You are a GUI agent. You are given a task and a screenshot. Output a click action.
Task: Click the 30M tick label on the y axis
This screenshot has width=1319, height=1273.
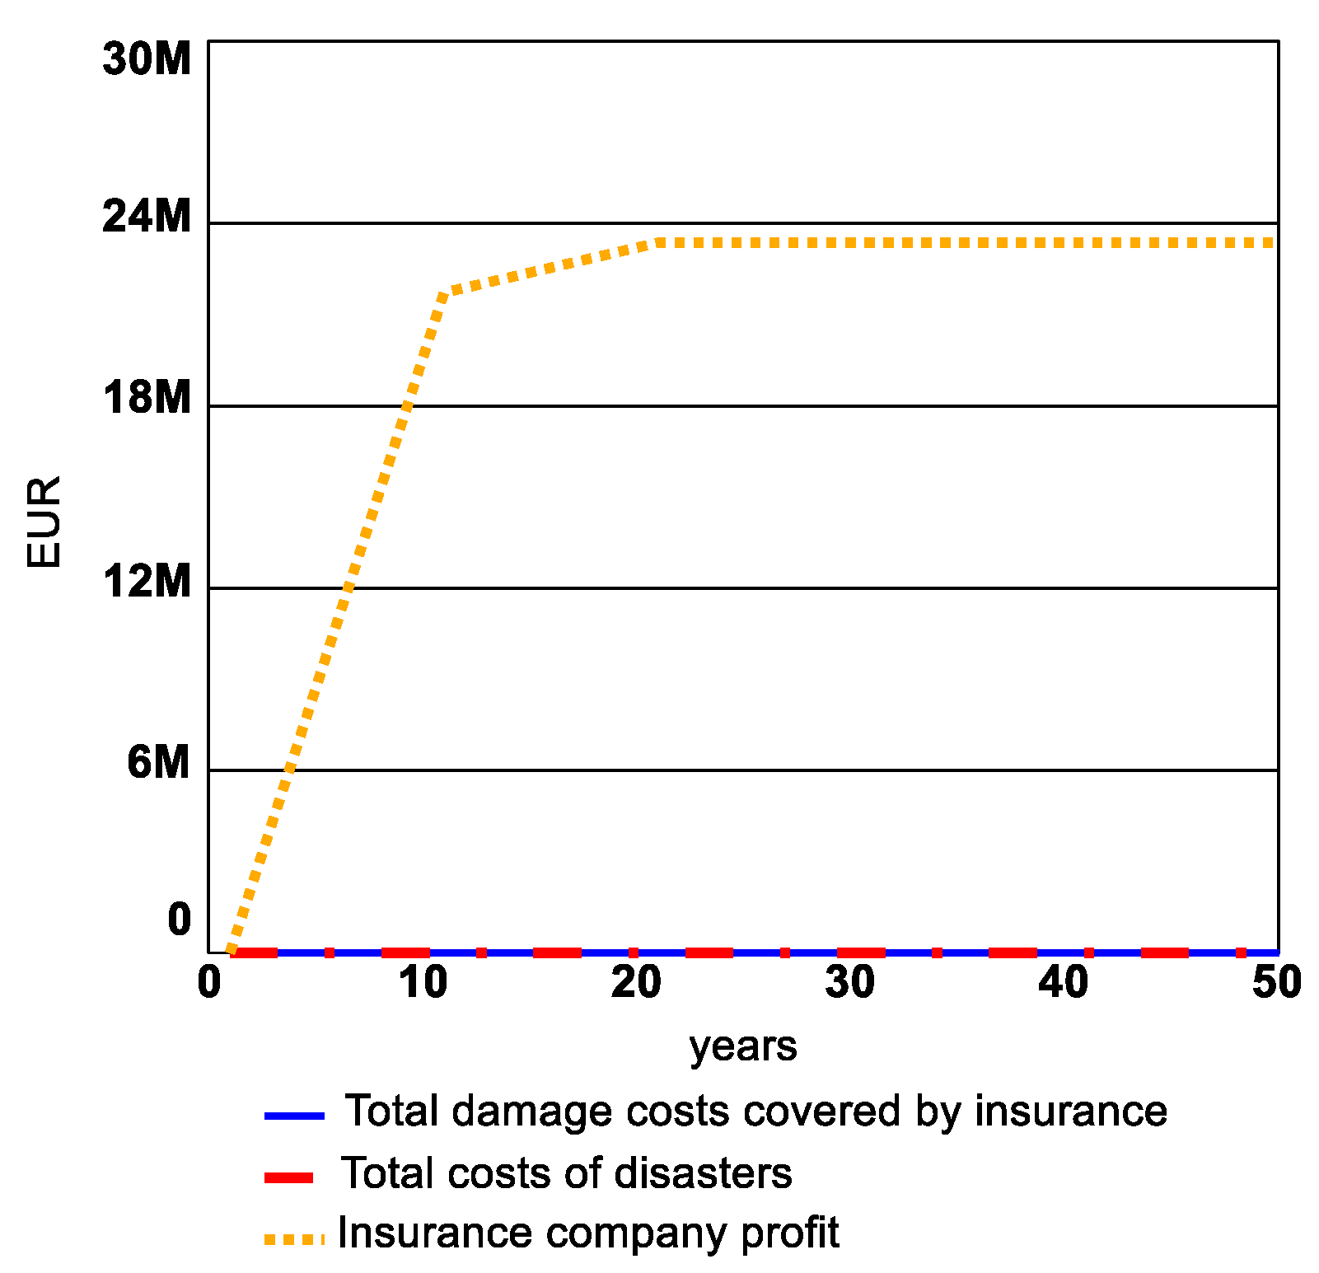(147, 59)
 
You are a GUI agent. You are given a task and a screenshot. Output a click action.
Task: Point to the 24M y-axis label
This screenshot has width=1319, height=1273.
(147, 217)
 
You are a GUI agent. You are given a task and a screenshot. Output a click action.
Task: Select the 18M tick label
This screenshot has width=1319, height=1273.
(147, 398)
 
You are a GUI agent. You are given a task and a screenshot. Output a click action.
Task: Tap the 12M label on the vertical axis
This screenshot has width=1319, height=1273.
(147, 581)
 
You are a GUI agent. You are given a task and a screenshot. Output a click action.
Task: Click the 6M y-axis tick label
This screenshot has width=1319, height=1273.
(158, 763)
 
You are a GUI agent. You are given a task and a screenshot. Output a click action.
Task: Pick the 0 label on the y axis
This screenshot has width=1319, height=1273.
(179, 920)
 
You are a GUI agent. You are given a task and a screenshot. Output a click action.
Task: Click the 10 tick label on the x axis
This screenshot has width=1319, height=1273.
(423, 983)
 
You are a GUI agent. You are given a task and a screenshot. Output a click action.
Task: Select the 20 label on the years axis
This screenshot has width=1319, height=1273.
(636, 983)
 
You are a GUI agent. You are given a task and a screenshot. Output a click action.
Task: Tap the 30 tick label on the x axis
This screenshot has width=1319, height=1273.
(849, 983)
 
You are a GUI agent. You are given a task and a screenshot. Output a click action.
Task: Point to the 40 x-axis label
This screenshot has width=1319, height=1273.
(1064, 983)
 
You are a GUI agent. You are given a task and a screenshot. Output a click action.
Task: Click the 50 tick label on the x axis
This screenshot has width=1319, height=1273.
(1276, 983)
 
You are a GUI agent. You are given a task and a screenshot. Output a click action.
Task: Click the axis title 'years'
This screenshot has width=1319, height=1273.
(743, 1047)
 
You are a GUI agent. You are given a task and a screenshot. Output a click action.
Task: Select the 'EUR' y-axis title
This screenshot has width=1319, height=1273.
(44, 522)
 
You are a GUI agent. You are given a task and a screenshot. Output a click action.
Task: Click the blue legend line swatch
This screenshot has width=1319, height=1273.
(294, 1116)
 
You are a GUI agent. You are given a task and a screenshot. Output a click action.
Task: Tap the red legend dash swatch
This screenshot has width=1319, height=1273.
(288, 1177)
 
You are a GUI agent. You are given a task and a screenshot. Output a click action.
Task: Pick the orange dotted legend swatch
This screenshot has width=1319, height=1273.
(294, 1238)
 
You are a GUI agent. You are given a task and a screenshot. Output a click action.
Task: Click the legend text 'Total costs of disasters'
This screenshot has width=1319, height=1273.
(567, 1173)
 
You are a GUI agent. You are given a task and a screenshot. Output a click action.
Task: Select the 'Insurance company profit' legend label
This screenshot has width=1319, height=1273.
(588, 1233)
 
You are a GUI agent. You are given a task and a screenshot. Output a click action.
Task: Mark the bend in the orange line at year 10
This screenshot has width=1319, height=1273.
(444, 294)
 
